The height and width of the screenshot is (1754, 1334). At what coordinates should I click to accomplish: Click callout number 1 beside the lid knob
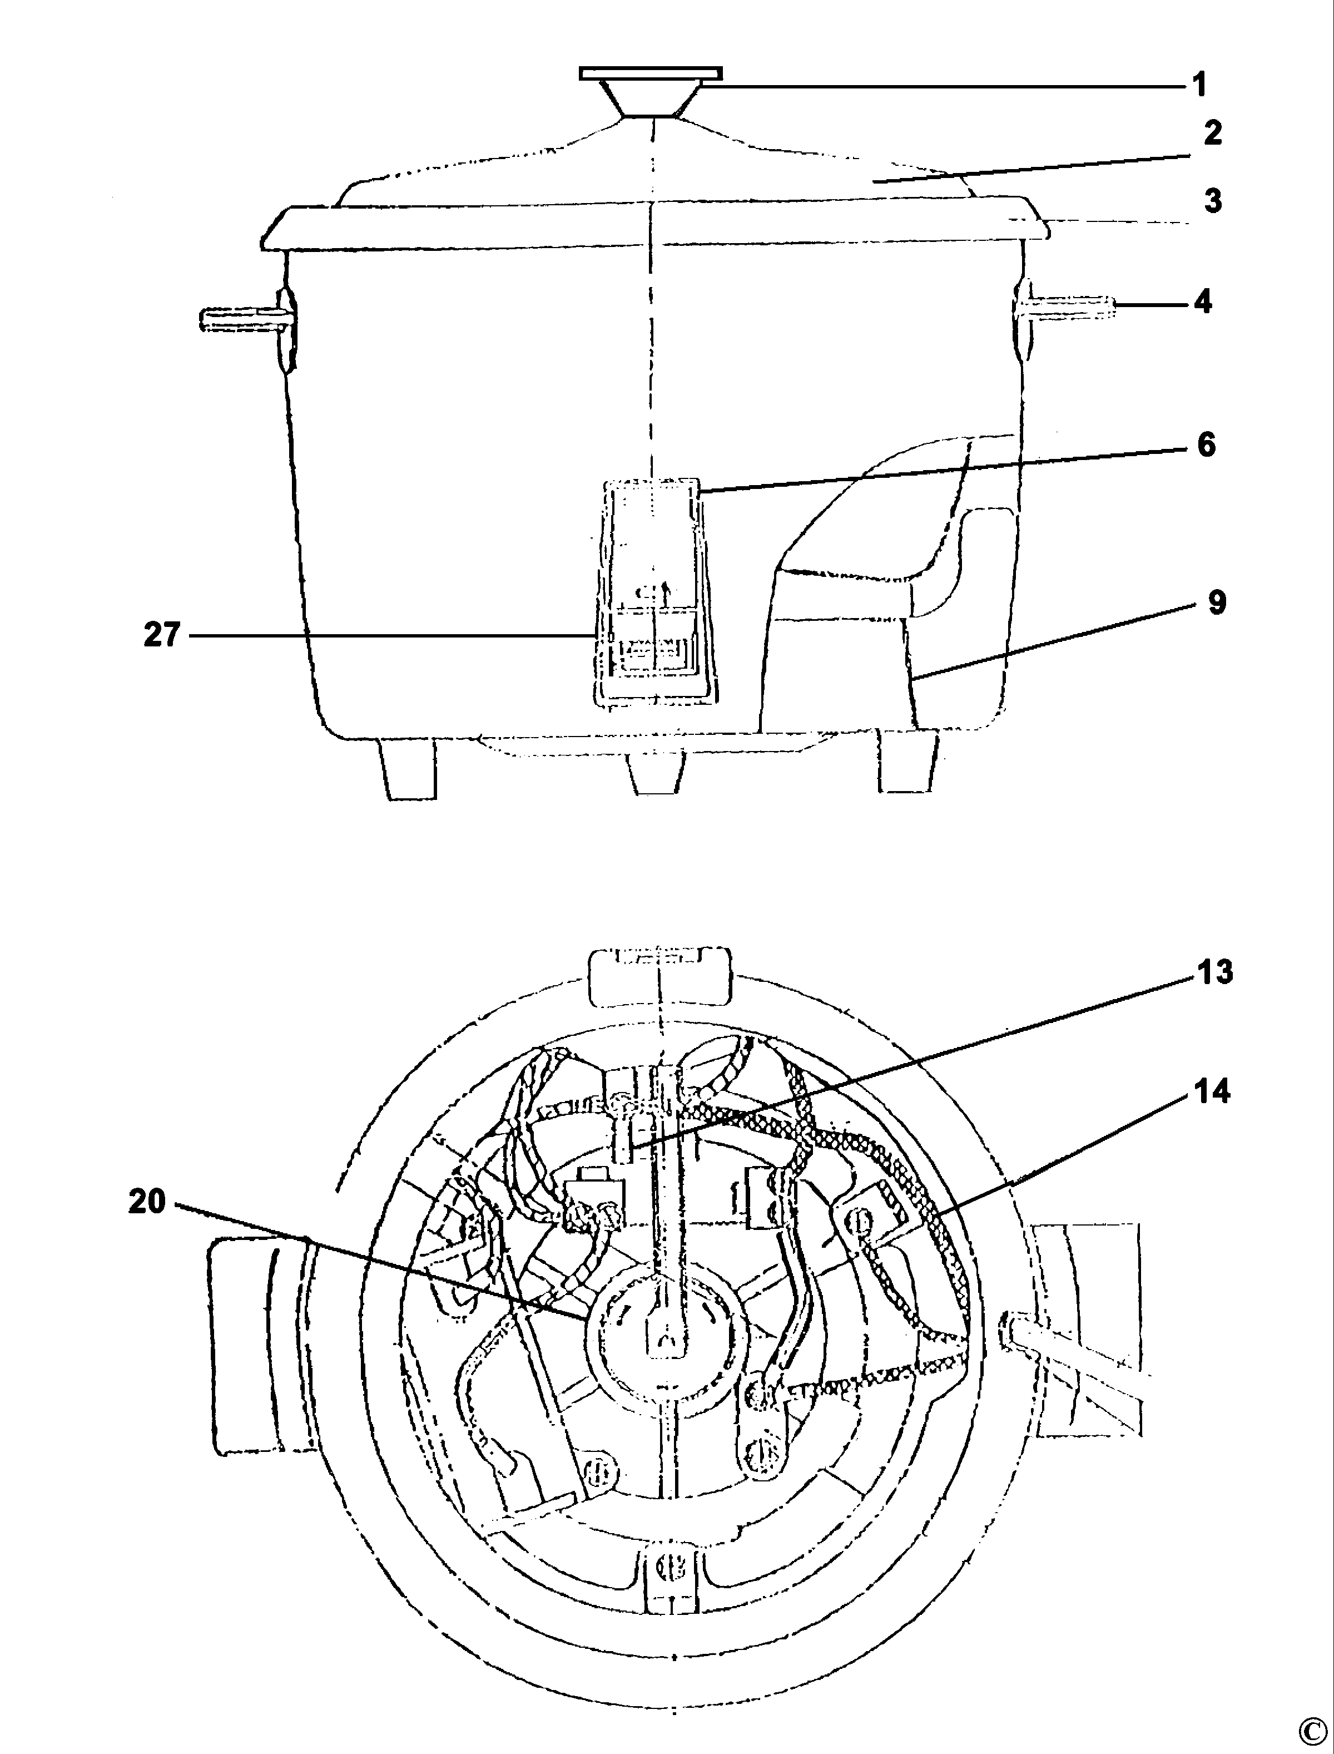pyautogui.click(x=1200, y=84)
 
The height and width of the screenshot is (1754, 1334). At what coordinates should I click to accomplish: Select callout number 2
pyautogui.click(x=1212, y=134)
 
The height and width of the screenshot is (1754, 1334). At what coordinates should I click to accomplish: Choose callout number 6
pyautogui.click(x=1206, y=445)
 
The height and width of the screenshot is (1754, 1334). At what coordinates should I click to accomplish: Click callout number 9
pyautogui.click(x=1217, y=603)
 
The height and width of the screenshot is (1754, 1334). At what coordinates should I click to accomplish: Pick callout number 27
pyautogui.click(x=162, y=635)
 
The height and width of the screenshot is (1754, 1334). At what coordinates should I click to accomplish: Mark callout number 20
pyautogui.click(x=148, y=1202)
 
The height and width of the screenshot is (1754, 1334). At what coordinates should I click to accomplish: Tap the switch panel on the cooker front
pyautogui.click(x=654, y=592)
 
